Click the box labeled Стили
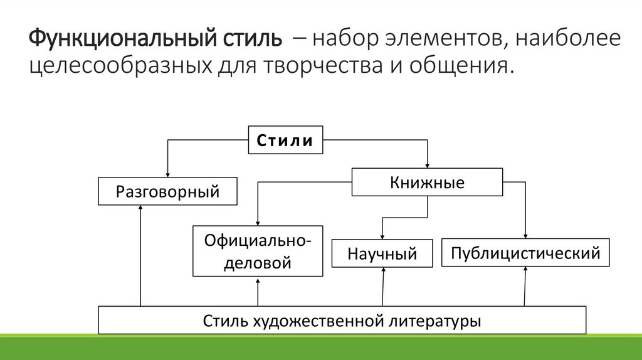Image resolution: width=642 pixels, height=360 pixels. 286,140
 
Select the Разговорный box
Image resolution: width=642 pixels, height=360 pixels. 167,191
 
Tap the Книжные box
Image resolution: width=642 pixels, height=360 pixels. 427,183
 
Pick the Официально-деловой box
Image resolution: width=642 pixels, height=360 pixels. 258,251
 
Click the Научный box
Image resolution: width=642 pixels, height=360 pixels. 382,254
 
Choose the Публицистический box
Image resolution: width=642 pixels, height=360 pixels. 525,253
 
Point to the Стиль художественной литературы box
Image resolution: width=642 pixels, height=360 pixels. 342,320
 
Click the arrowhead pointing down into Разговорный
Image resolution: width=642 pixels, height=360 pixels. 167,174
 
